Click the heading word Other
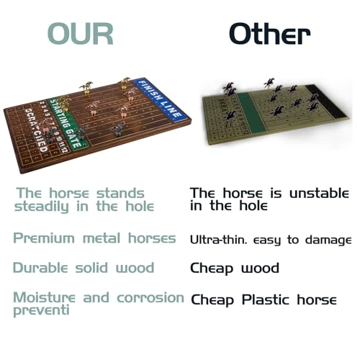269,33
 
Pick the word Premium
44,238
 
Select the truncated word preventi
42,311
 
